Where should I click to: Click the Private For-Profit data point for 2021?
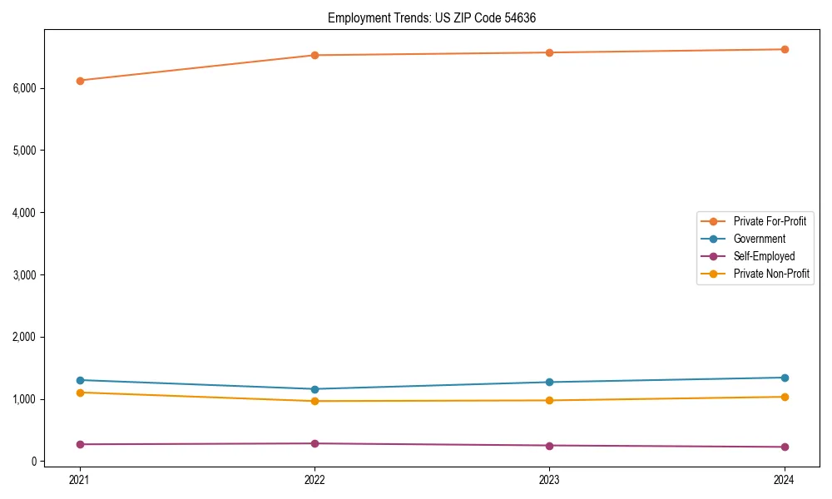[x=80, y=81]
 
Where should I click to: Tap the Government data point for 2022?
[x=314, y=389]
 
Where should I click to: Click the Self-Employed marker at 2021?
[x=80, y=444]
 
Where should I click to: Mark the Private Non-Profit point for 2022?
[x=314, y=401]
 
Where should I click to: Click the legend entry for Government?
[x=759, y=239]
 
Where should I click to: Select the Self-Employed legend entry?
[x=764, y=256]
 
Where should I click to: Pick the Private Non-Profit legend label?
[x=771, y=274]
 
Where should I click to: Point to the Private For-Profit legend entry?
[x=770, y=221]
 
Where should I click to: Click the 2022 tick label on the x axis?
[x=314, y=479]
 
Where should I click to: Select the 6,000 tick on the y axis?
[x=25, y=88]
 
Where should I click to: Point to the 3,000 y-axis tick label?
[x=25, y=274]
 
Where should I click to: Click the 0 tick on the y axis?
[x=35, y=462]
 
